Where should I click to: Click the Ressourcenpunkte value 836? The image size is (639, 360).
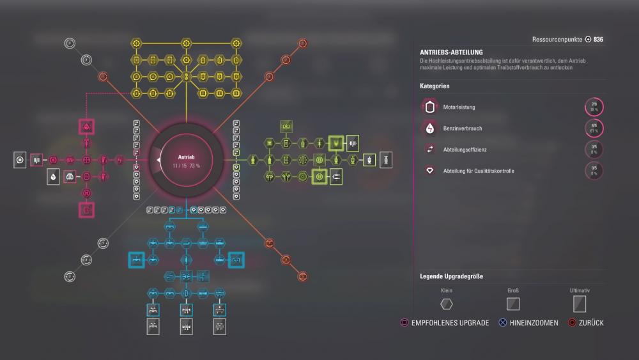[x=598, y=40]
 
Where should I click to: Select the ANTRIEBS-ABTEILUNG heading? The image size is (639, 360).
[x=451, y=52]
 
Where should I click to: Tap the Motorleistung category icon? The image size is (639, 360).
[x=431, y=107]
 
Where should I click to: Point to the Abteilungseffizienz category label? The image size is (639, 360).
[x=466, y=150]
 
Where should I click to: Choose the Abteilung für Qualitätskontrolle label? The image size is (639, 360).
[x=479, y=171]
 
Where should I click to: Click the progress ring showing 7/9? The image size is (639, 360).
[x=594, y=107]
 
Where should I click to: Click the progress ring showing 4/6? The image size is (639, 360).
[x=594, y=129]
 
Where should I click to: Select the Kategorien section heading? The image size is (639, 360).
[x=435, y=86]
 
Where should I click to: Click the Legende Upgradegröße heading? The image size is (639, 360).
[x=451, y=276]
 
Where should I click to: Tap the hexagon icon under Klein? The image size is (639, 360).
[x=447, y=304]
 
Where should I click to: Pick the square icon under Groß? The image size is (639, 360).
[x=513, y=304]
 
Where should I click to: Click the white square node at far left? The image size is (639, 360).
[x=20, y=159]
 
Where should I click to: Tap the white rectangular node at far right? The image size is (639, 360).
[x=386, y=160]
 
